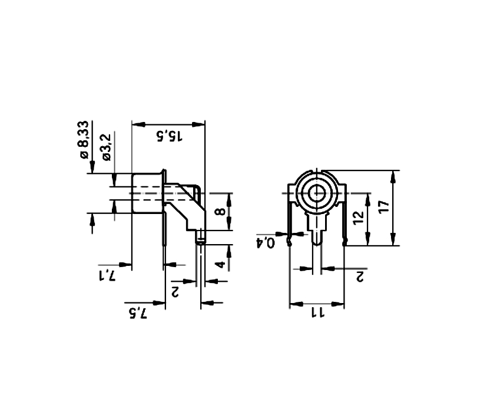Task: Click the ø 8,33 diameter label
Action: point(84,140)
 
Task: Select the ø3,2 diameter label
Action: point(107,147)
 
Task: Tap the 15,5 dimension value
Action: point(168,135)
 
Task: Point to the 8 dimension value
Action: point(220,212)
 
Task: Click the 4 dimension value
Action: point(220,265)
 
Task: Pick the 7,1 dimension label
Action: point(107,274)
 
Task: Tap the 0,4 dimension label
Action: point(266,242)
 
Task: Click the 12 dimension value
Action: point(358,218)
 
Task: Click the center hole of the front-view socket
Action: point(317,193)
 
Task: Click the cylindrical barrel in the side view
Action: point(146,193)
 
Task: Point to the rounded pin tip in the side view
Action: point(201,238)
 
